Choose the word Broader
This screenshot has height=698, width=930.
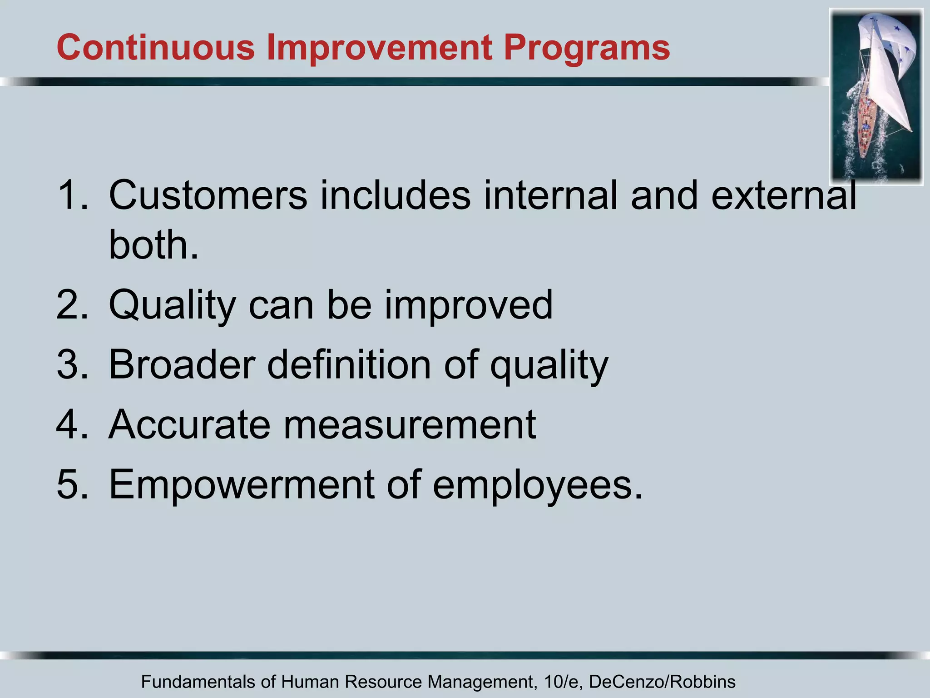point(182,364)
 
